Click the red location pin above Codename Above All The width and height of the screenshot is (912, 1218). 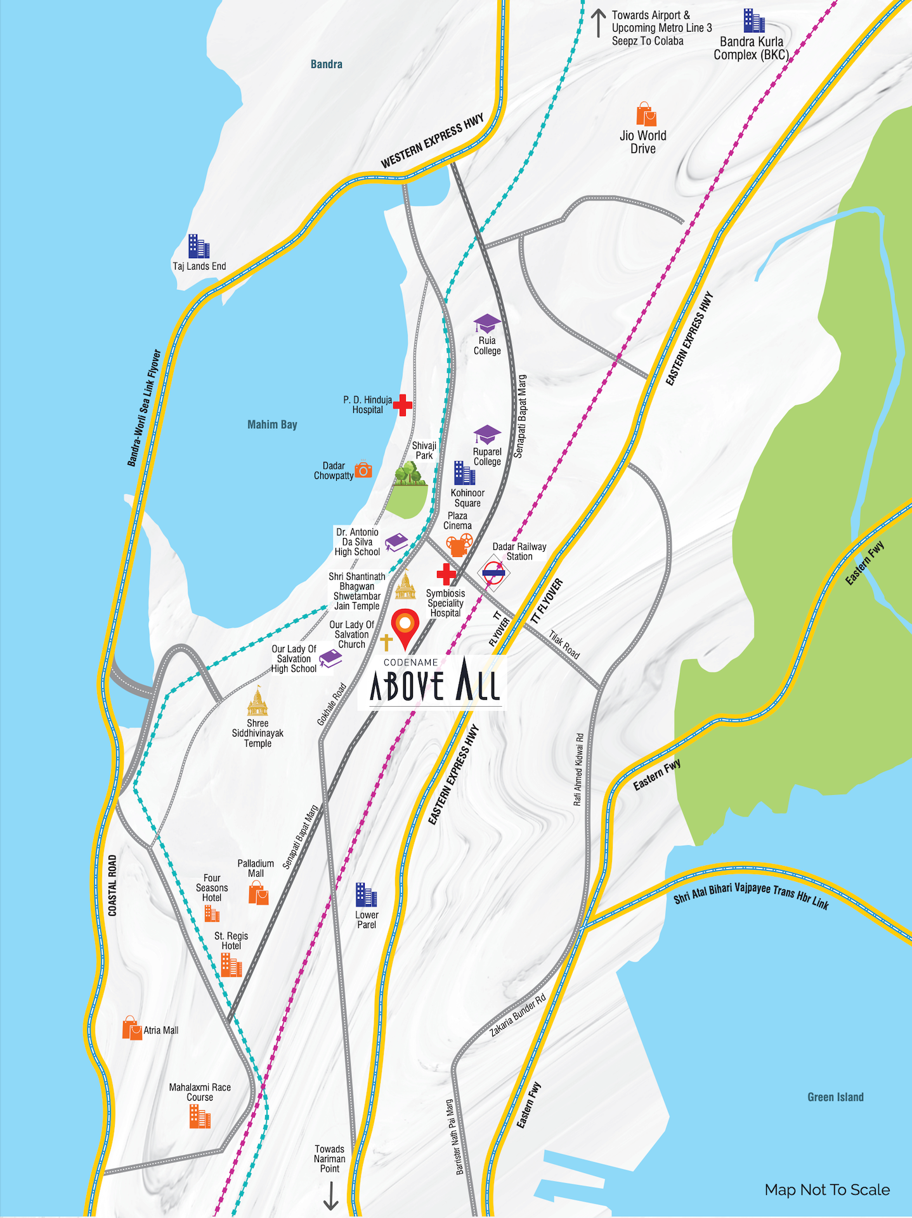(405, 626)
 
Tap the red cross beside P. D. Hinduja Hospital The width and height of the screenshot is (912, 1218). (402, 404)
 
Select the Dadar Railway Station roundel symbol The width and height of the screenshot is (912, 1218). (493, 573)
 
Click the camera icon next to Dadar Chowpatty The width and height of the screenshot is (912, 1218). (363, 469)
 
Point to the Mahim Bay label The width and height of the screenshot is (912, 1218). (272, 424)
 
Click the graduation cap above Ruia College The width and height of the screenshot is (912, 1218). (487, 323)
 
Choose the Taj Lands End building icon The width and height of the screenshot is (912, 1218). (199, 246)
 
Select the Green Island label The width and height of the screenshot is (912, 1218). (835, 1097)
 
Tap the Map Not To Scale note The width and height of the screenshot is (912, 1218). (827, 1189)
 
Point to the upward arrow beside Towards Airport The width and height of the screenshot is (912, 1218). (597, 23)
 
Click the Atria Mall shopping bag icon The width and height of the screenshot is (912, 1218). (131, 1028)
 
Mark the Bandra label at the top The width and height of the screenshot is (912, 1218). (326, 64)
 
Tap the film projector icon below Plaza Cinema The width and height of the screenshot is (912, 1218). (459, 544)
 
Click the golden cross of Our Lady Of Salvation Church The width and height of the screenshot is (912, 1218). (386, 642)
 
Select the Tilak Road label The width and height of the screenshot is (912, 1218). (564, 645)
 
